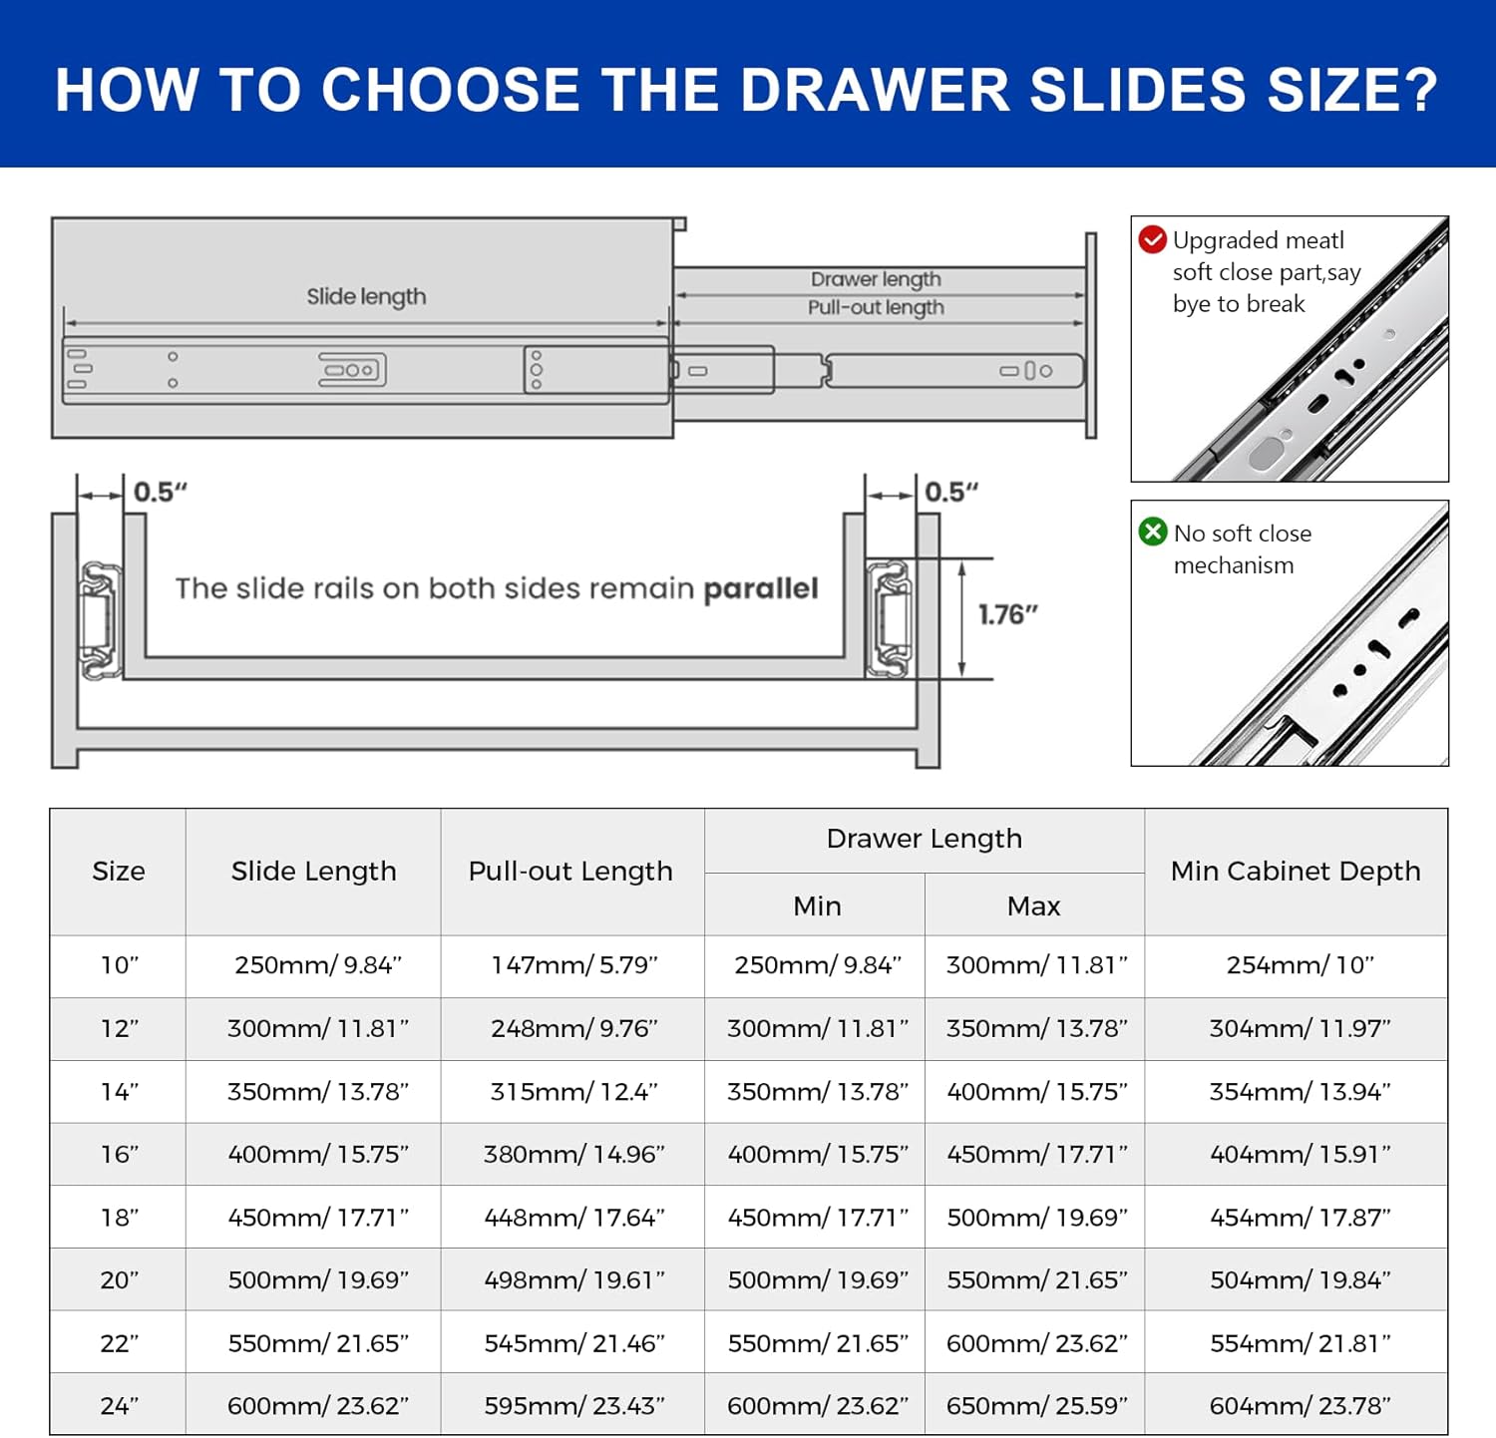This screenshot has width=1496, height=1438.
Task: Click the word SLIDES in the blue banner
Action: pyautogui.click(x=1137, y=90)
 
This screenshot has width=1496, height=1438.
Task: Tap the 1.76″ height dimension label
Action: pyautogui.click(x=1008, y=614)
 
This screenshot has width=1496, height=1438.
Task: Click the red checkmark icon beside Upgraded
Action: pyautogui.click(x=1153, y=239)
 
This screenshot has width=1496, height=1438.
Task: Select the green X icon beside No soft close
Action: pyautogui.click(x=1153, y=532)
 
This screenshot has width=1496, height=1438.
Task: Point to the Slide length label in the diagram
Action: pyautogui.click(x=366, y=296)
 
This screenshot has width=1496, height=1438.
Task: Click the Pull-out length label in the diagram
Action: pyautogui.click(x=876, y=307)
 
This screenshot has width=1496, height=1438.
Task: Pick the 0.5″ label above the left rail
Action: pyautogui.click(x=161, y=492)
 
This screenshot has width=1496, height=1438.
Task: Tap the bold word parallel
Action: pyautogui.click(x=761, y=588)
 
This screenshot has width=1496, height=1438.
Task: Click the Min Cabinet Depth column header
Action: pyautogui.click(x=1296, y=871)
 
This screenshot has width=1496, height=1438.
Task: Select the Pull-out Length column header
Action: pyautogui.click(x=570, y=871)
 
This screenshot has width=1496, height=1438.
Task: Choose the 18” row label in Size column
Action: pyautogui.click(x=120, y=1218)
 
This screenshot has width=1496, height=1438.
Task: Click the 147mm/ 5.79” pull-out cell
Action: pyautogui.click(x=574, y=965)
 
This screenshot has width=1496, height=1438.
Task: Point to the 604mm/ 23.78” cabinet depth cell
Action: pyautogui.click(x=1301, y=1406)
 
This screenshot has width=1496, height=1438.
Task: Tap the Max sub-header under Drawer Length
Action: pyautogui.click(x=1033, y=905)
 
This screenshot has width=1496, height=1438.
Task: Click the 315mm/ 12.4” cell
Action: pyautogui.click(x=574, y=1092)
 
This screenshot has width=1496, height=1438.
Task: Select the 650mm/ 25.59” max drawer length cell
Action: pyautogui.click(x=1037, y=1406)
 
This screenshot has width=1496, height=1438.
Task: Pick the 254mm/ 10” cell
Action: pyautogui.click(x=1301, y=965)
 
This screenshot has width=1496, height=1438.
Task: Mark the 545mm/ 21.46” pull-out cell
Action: pyautogui.click(x=574, y=1343)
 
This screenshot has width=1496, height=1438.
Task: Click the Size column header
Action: pyautogui.click(x=119, y=871)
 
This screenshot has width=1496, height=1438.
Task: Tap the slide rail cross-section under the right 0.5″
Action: pyautogui.click(x=891, y=618)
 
